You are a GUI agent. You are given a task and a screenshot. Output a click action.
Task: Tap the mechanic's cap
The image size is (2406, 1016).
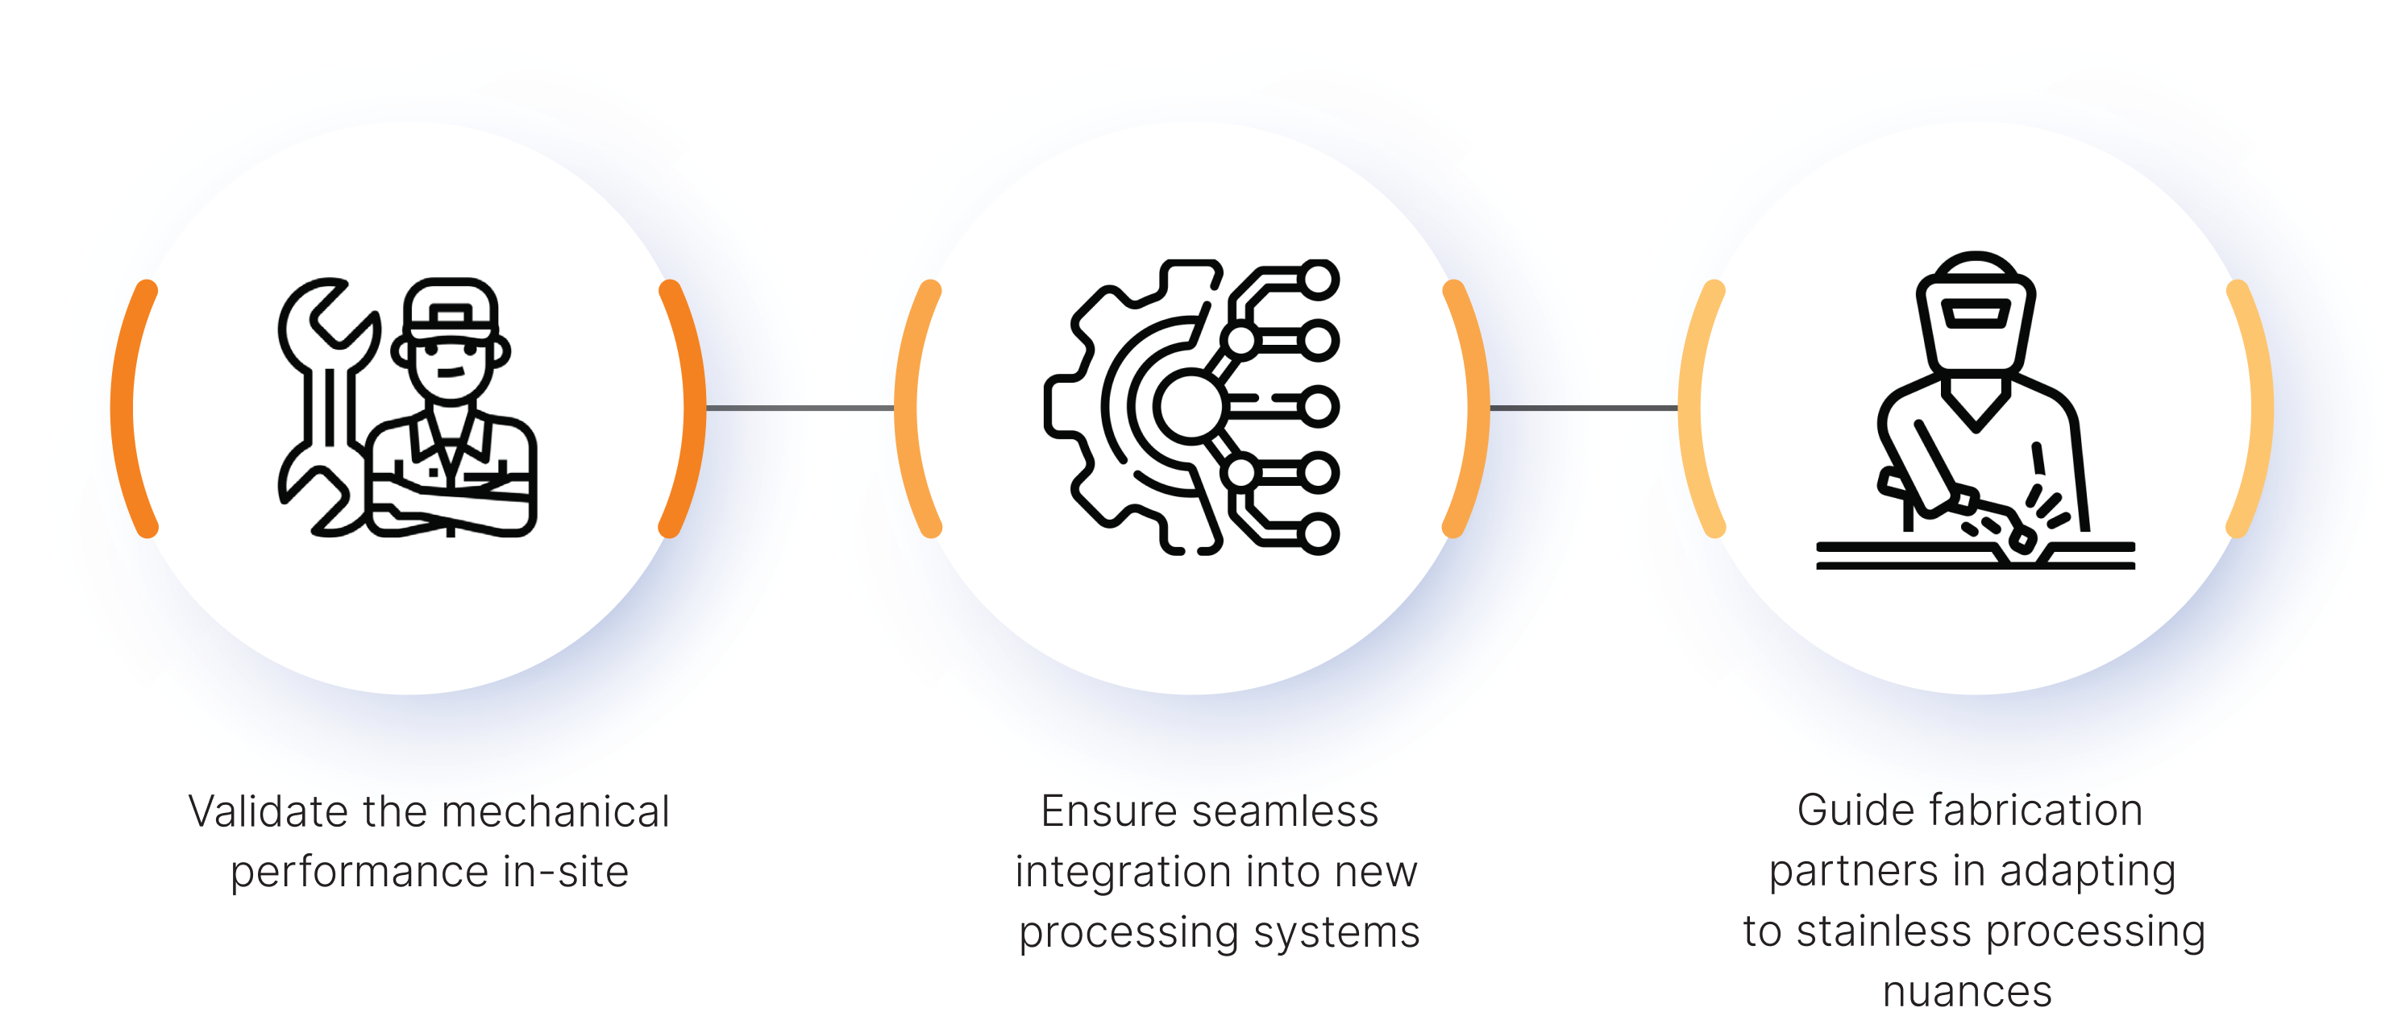453,308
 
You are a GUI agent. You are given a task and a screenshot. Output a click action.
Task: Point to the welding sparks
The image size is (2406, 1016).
2051,504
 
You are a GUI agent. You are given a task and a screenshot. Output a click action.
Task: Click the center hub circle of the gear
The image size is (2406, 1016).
1189,406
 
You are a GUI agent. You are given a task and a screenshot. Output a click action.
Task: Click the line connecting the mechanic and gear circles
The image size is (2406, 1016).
800,408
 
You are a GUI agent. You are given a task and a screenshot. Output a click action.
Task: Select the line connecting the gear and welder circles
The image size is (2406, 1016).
1583,408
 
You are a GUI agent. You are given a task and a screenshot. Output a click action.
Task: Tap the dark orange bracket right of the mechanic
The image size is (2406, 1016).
688,408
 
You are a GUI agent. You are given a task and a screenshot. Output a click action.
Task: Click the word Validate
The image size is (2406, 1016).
257,811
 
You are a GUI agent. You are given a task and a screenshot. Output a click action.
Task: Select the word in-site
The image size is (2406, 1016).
565,871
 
